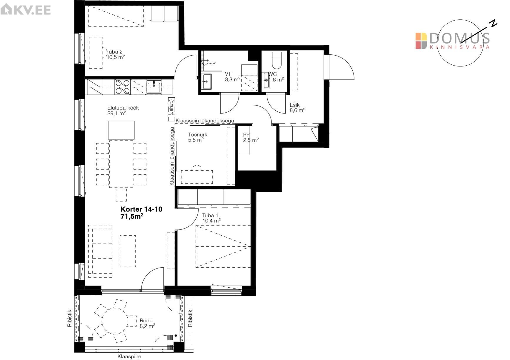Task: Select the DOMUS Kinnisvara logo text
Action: [x=453, y=41]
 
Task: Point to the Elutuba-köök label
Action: [x=123, y=111]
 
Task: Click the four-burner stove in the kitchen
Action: [x=123, y=87]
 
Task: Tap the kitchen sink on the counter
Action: [x=154, y=87]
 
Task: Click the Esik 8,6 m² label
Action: [x=297, y=108]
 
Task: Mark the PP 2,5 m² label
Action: [x=251, y=137]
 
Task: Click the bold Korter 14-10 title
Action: [x=141, y=209]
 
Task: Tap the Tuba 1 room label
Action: [x=211, y=218]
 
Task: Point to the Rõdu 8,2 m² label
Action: [x=147, y=323]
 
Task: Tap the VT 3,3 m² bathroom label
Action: [x=232, y=76]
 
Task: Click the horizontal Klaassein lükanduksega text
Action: [x=205, y=121]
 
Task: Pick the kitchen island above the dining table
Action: [x=121, y=130]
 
